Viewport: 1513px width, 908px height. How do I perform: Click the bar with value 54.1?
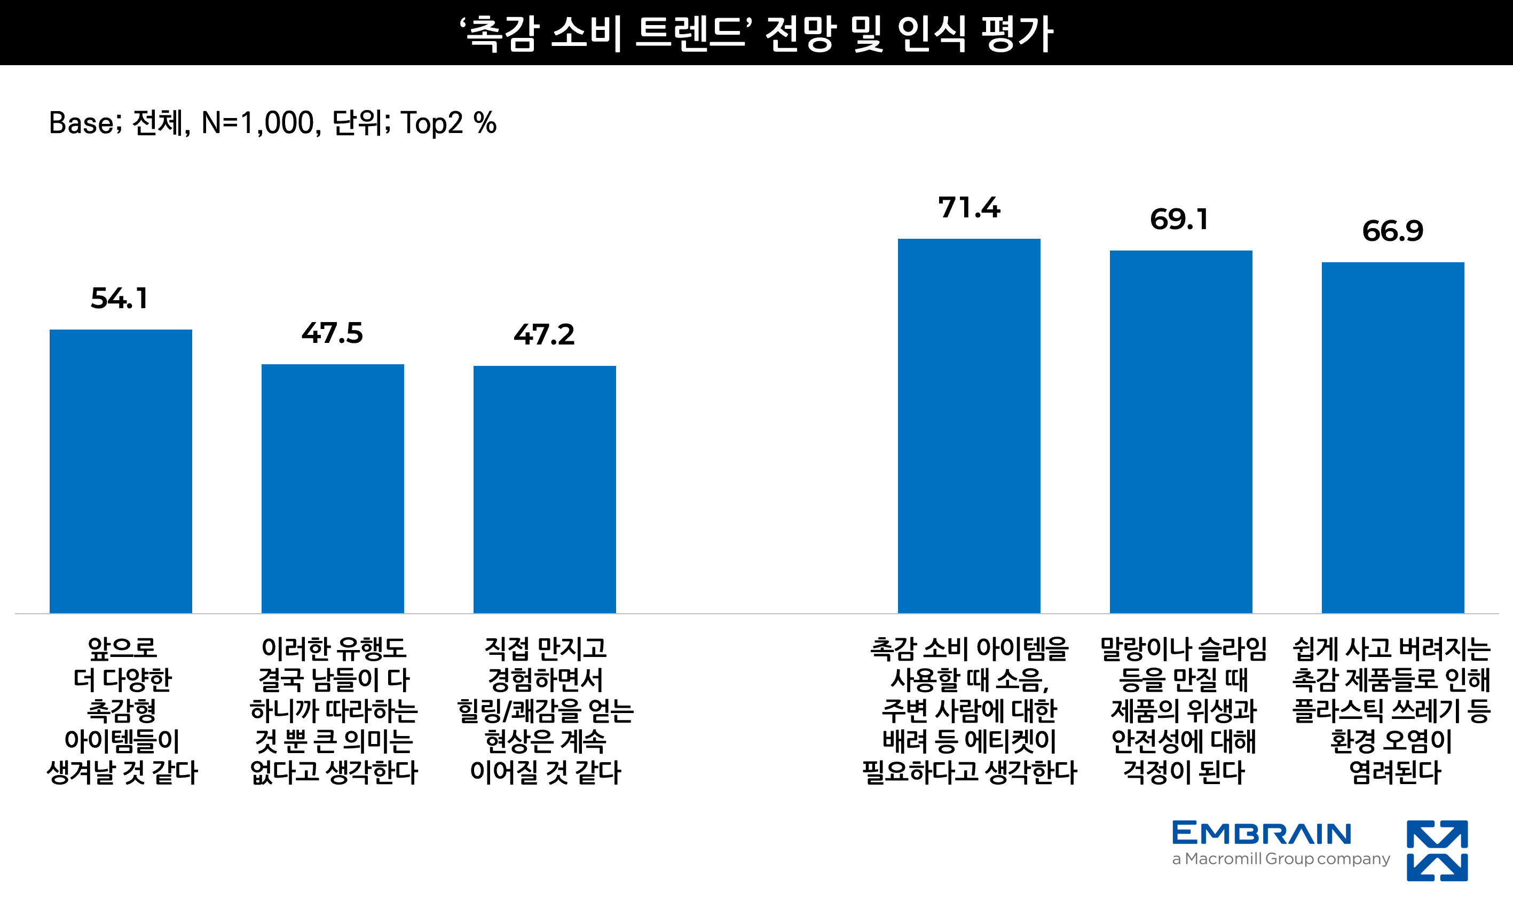point(121,471)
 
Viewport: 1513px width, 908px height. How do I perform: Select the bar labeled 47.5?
point(333,488)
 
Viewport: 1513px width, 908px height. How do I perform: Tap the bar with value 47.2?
point(545,489)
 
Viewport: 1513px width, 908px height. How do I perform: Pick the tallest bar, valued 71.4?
point(968,426)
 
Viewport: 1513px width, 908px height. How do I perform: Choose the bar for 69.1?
point(1181,432)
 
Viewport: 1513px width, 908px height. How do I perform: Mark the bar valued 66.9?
point(1393,437)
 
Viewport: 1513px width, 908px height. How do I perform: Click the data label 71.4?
point(970,207)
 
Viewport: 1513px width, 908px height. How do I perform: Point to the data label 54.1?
point(119,299)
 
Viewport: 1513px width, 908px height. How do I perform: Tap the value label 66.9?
point(1392,231)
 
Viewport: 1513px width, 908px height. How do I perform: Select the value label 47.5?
point(332,333)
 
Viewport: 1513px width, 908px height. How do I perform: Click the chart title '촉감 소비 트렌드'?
point(605,33)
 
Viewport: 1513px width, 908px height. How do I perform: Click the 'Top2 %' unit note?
point(448,123)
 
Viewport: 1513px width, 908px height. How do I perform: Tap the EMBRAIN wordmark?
point(1262,833)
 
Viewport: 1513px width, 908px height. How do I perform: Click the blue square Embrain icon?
point(1437,850)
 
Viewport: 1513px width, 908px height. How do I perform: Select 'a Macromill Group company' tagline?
point(1281,859)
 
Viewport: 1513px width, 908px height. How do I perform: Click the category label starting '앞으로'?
point(122,710)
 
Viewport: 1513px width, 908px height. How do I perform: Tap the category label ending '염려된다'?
point(1392,710)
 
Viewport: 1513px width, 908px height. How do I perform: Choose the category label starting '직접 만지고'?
point(545,710)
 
